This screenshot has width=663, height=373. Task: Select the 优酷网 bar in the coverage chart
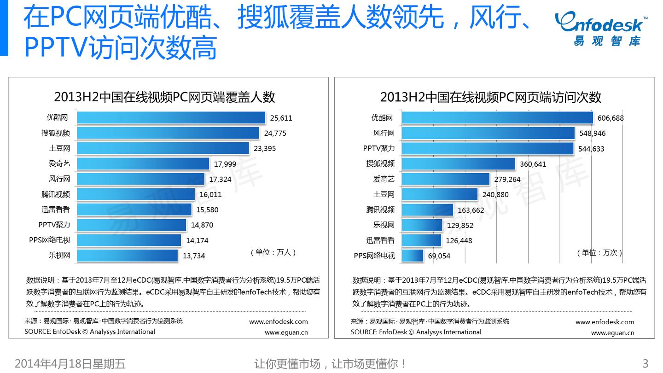(x=171, y=118)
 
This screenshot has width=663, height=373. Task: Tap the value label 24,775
(x=275, y=134)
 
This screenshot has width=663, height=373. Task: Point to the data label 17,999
(x=226, y=164)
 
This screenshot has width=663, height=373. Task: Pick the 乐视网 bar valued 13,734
(x=127, y=256)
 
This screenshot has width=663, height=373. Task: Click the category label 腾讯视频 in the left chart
(x=56, y=194)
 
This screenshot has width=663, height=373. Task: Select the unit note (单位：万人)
(x=273, y=252)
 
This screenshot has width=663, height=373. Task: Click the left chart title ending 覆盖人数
(x=164, y=97)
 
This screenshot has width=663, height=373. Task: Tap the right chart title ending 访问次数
(x=491, y=97)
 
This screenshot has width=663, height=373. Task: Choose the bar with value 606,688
(x=497, y=118)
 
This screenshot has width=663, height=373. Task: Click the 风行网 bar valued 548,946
(x=488, y=134)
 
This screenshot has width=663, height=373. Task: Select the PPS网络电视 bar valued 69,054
(x=413, y=256)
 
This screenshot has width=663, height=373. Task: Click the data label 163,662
(x=471, y=210)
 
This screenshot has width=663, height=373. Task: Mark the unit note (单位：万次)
(x=599, y=252)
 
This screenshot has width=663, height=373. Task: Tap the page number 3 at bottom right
(x=645, y=363)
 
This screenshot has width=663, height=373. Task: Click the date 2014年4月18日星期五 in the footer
(x=70, y=364)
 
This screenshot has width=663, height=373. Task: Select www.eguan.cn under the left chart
(x=286, y=332)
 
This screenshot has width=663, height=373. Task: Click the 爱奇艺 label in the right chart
(x=384, y=179)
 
